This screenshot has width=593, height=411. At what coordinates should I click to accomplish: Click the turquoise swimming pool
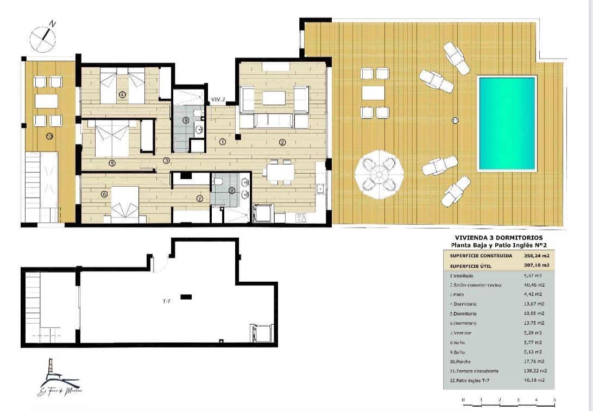pyautogui.click(x=506, y=124)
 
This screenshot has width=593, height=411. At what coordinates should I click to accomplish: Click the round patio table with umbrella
pyautogui.click(x=378, y=174)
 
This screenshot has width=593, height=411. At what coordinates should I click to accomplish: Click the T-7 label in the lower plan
pyautogui.click(x=167, y=301)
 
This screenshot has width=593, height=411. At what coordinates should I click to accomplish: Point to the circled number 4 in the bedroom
pyautogui.click(x=122, y=94)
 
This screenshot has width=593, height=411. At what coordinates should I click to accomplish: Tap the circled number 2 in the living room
pyautogui.click(x=282, y=142)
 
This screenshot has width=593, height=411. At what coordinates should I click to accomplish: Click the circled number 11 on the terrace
pyautogui.click(x=455, y=120)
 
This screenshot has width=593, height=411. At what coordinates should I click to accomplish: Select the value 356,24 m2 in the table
pyautogui.click(x=532, y=255)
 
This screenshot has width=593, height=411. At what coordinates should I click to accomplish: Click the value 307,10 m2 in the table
pyautogui.click(x=532, y=265)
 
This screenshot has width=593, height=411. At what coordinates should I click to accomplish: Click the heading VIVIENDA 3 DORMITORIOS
pyautogui.click(x=499, y=238)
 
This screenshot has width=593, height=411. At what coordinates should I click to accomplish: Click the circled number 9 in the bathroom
pyautogui.click(x=186, y=120)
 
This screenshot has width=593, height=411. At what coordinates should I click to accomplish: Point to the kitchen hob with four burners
pyautogui.click(x=301, y=218)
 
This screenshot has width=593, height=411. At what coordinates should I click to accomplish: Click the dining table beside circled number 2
pyautogui.click(x=280, y=172)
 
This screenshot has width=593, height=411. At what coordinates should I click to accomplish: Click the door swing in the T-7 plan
pyautogui.click(x=160, y=264)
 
